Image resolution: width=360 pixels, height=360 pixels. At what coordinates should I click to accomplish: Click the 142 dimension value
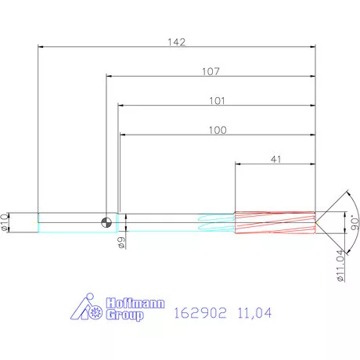(x=178, y=41)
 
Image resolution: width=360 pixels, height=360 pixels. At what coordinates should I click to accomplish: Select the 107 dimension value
(x=209, y=70)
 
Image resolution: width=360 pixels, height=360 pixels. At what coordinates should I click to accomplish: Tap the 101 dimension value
(x=217, y=100)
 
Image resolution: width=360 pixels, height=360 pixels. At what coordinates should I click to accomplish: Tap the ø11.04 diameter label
(x=339, y=265)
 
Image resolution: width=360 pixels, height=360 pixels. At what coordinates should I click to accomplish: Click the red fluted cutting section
(x=275, y=222)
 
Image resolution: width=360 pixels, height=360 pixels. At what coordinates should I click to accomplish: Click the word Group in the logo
(x=125, y=315)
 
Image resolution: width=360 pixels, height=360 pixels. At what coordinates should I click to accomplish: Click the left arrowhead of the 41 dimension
(x=238, y=164)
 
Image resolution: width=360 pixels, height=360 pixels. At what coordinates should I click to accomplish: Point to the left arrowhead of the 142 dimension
(x=40, y=47)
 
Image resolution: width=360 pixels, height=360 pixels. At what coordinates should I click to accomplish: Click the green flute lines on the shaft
(x=216, y=222)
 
